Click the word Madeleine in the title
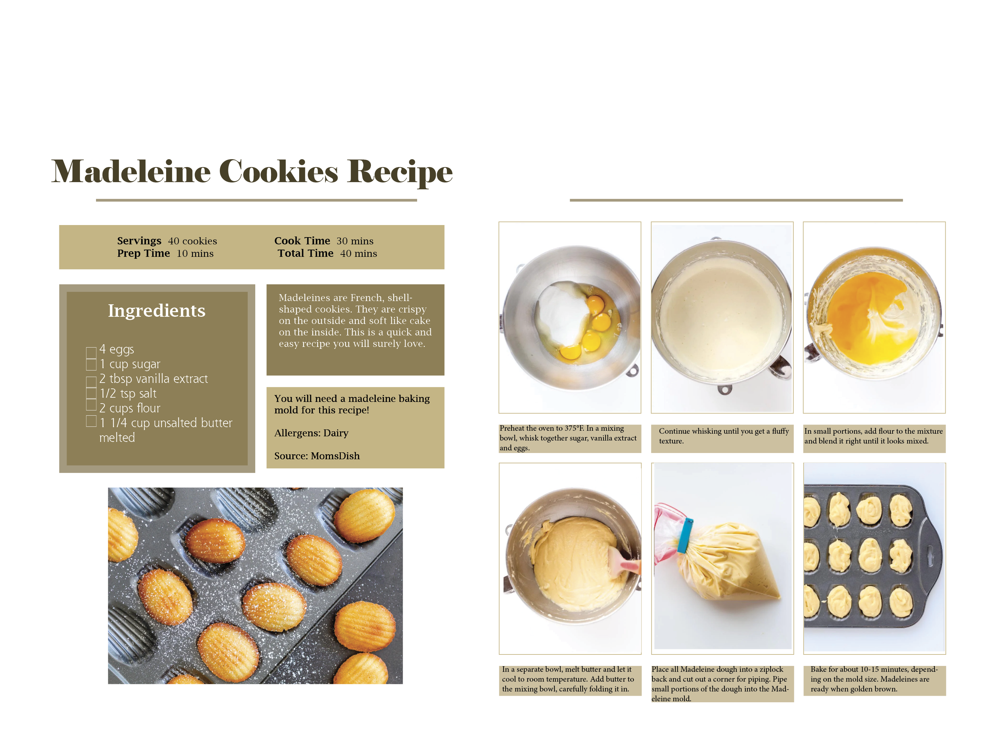[131, 172]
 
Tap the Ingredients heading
[157, 311]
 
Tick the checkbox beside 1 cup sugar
[91, 365]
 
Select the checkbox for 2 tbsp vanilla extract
[91, 382]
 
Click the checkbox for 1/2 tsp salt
[91, 393]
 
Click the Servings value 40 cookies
[192, 241]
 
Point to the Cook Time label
[302, 241]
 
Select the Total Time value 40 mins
[358, 254]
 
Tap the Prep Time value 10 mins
[195, 254]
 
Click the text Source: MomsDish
[317, 456]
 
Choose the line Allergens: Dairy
[311, 433]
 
